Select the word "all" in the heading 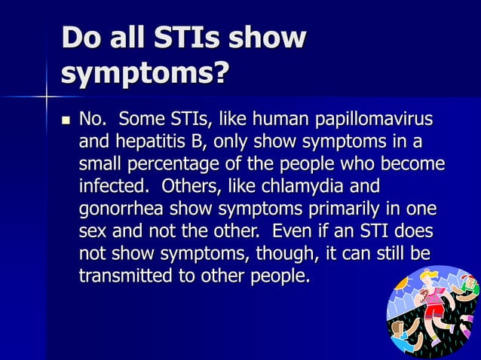click(x=135, y=38)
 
